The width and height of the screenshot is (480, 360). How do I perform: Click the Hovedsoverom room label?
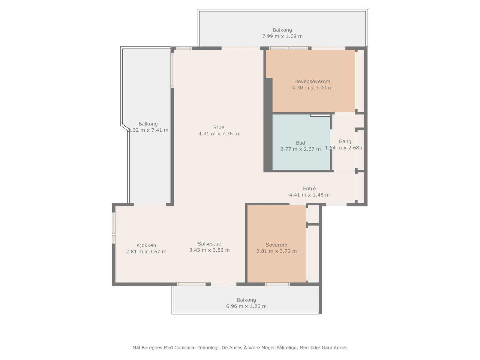point(312,81)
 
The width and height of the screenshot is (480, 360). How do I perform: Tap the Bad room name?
point(300,143)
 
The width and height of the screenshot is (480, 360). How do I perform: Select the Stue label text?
point(218,127)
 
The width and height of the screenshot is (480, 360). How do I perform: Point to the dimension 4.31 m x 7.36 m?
point(218,133)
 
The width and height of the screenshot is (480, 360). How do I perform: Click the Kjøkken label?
point(146,245)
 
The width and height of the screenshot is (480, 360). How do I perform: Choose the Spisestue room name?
point(209,244)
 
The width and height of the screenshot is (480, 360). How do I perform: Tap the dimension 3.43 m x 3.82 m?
point(209,250)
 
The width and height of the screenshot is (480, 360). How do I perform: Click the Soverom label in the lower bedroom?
point(276,245)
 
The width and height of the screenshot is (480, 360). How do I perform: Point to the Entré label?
point(309,188)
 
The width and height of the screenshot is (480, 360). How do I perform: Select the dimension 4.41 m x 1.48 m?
point(309,195)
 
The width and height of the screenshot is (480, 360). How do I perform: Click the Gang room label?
point(345,141)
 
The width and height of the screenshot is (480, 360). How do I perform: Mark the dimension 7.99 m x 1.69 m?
point(282,36)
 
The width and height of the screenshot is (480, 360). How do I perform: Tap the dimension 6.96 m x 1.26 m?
point(246,306)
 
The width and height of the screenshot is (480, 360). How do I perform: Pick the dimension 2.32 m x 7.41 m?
point(148,130)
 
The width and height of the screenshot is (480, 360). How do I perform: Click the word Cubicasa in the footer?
point(185,347)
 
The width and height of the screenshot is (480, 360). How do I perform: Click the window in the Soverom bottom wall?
point(277,284)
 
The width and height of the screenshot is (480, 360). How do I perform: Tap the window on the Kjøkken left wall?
point(114,228)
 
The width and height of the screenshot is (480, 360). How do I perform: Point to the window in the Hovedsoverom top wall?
point(288,48)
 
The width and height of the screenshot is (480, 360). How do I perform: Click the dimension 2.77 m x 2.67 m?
point(301,149)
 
